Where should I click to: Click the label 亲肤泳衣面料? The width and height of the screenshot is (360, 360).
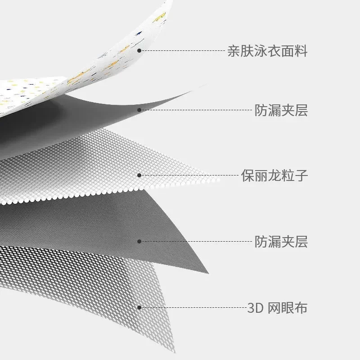(x=267, y=51)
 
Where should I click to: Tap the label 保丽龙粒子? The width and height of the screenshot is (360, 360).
(x=274, y=175)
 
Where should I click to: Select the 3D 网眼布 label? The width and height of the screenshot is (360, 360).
(x=277, y=308)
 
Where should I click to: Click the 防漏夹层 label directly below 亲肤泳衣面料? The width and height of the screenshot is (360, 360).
(x=281, y=110)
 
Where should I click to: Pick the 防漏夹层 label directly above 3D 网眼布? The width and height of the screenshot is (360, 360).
(x=281, y=242)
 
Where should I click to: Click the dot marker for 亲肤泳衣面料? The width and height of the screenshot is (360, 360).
(x=139, y=50)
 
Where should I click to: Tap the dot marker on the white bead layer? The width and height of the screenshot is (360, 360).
(x=139, y=175)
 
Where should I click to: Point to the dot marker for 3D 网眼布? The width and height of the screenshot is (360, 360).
(x=139, y=308)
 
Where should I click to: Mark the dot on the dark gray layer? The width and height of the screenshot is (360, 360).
(x=139, y=242)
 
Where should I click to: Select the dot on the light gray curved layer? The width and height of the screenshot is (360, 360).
(x=139, y=110)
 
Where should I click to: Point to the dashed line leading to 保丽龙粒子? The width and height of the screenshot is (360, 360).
(x=189, y=175)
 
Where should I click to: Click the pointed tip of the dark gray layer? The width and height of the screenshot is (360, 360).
(x=207, y=273)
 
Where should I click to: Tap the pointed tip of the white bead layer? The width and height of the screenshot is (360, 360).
(x=219, y=180)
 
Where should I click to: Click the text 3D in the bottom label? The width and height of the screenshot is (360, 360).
(x=254, y=309)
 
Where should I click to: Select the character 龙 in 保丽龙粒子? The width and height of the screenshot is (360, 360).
(x=274, y=175)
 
